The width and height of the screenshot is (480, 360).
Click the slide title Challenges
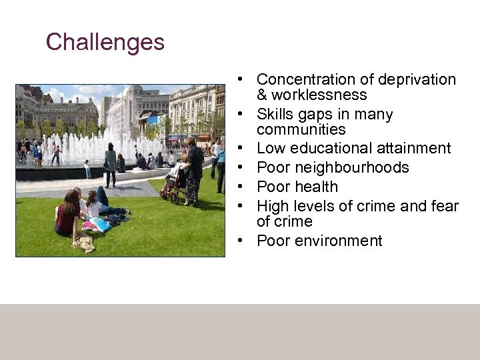[105, 42]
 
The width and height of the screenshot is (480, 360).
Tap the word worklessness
[321, 95]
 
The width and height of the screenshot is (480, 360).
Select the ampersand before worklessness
[262, 95]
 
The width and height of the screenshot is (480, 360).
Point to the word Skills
[276, 115]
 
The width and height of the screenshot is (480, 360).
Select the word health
[316, 187]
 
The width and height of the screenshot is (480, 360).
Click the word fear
[444, 206]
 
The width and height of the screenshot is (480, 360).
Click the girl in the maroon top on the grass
[69, 213]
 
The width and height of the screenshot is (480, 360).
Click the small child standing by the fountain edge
[87, 169]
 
